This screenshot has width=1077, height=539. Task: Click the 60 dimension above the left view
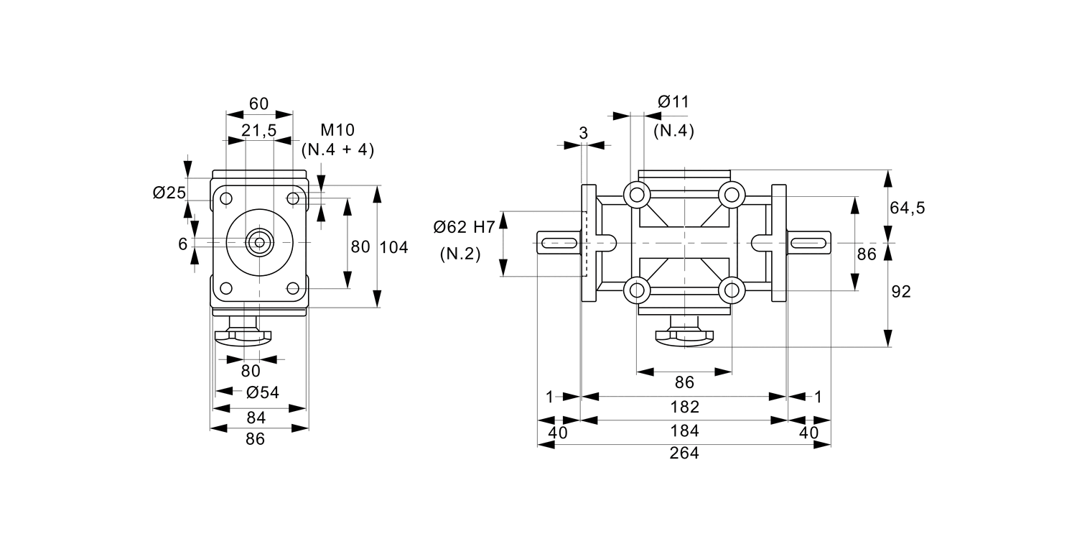pyautogui.click(x=258, y=103)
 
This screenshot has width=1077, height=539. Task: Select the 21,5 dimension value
pyautogui.click(x=258, y=130)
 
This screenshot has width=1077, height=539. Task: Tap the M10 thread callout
pyautogui.click(x=337, y=130)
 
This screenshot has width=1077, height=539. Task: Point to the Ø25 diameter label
pyautogui.click(x=169, y=193)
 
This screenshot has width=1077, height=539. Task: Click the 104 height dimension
pyautogui.click(x=393, y=247)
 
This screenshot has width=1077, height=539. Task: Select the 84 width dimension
pyautogui.click(x=256, y=418)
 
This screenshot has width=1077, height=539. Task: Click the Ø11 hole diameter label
pyautogui.click(x=673, y=102)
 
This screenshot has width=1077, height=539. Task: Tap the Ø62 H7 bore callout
pyautogui.click(x=464, y=228)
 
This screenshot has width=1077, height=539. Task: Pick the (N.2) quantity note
pyautogui.click(x=460, y=254)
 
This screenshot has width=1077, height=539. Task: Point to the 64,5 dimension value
pyautogui.click(x=908, y=208)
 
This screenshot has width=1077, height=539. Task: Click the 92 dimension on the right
pyautogui.click(x=900, y=292)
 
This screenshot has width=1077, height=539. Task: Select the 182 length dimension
pyautogui.click(x=684, y=407)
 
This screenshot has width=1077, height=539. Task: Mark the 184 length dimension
pyautogui.click(x=684, y=431)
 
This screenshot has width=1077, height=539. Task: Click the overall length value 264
pyautogui.click(x=684, y=453)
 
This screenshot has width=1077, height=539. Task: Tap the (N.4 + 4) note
pyautogui.click(x=337, y=149)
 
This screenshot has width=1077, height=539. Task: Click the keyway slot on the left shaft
pyautogui.click(x=559, y=243)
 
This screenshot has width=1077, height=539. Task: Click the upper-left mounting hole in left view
pyautogui.click(x=226, y=198)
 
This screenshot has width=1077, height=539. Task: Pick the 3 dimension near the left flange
pyautogui.click(x=583, y=133)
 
